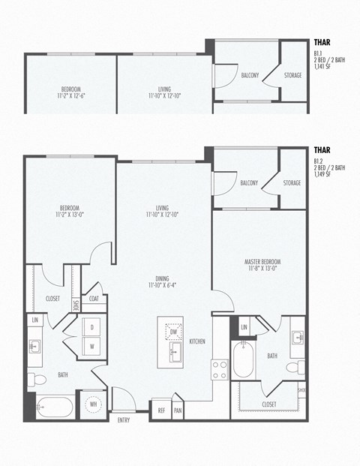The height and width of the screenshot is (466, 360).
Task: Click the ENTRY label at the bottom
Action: [x=123, y=419]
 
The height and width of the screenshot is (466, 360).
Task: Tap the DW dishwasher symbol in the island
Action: [x=173, y=331]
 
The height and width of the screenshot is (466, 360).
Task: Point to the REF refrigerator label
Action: [x=161, y=410]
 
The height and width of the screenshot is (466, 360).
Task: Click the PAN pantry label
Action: [x=178, y=410]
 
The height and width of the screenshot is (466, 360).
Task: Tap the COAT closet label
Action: [x=94, y=298]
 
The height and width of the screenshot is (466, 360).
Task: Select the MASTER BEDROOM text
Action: [x=261, y=265]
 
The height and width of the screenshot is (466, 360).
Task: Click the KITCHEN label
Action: [x=197, y=341]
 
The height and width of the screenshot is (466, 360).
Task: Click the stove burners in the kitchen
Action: [x=220, y=369]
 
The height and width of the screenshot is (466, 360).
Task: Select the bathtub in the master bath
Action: [x=244, y=362]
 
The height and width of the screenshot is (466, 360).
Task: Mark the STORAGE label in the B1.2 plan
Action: [x=292, y=183]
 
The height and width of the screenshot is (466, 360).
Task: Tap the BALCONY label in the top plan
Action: [x=250, y=75]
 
